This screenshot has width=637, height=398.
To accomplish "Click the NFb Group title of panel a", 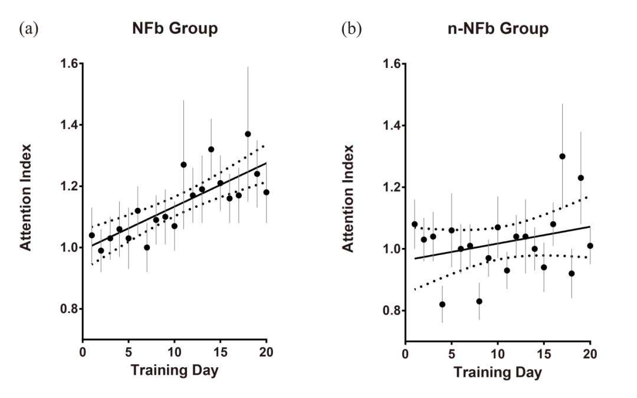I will (175, 28).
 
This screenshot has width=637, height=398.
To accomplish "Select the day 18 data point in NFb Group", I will (248, 134).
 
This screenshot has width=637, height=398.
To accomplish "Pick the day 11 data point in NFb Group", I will (183, 165).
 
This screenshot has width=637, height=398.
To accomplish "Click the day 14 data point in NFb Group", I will (211, 149).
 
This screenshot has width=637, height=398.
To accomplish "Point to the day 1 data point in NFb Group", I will (91, 235).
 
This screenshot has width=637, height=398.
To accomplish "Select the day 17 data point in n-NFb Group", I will (562, 156).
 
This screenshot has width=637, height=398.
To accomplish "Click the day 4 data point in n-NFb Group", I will (442, 304).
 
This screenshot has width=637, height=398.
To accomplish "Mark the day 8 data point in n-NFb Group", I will (479, 301).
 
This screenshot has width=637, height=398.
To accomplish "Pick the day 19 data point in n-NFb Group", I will (580, 178).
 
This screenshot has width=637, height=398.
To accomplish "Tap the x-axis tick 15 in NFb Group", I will (220, 353).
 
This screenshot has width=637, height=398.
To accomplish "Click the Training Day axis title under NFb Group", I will (175, 371).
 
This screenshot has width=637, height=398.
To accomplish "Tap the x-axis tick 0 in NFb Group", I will (83, 353).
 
